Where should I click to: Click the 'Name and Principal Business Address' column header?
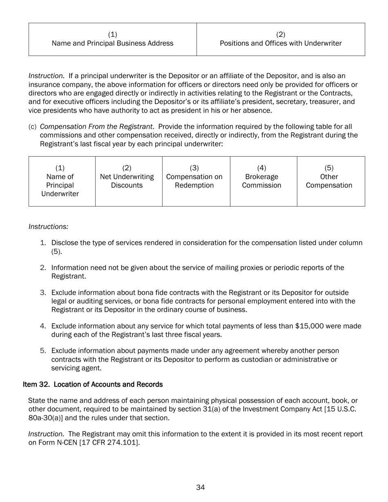112,39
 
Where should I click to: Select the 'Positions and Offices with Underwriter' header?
281,39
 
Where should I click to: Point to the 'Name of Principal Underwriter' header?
60,181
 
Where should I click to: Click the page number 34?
200,487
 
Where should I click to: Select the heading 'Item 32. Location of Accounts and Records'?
93,384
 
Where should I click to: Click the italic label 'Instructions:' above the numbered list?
48,227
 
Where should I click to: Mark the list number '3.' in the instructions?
43,293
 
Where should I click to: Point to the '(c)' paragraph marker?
32,127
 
